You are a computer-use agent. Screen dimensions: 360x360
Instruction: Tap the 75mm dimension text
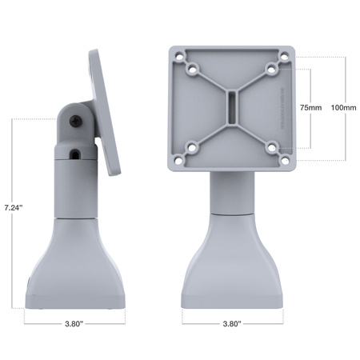pos(311,107)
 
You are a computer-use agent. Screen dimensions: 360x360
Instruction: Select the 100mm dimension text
pos(342,107)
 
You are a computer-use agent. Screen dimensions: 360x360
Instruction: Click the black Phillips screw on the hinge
pos(74,120)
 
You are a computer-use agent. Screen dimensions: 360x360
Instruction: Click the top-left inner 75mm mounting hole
pos(192,69)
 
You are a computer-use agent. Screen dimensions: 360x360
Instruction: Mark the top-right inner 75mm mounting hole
pos(271,69)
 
